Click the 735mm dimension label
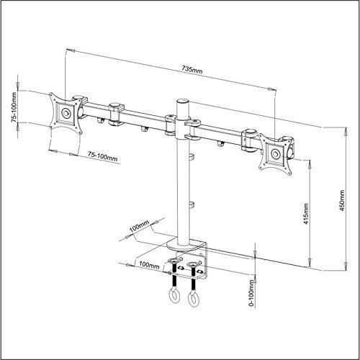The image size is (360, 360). click(192, 70)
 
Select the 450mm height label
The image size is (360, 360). click(342, 201)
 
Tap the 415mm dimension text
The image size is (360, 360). click(306, 214)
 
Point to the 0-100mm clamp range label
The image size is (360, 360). click(251, 293)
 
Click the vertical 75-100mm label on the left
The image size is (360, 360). click(14, 107)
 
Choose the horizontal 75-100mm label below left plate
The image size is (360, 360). click(102, 157)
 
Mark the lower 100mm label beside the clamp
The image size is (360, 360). click(149, 265)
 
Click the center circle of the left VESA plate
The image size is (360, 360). click(66, 113)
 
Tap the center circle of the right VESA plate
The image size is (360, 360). click(276, 153)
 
